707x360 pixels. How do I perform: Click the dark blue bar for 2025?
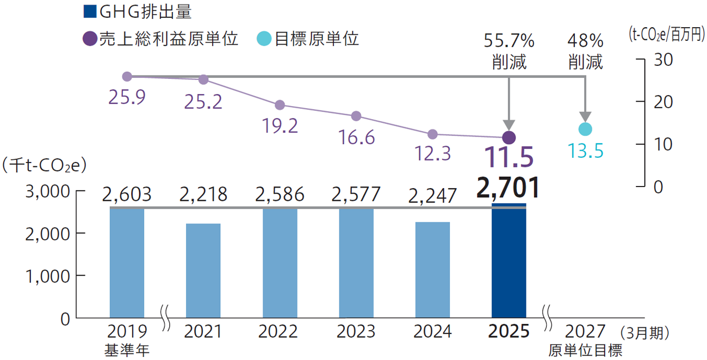pos(508,261)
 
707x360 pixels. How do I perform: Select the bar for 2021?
pos(203,270)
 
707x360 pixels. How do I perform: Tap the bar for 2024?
pos(432,270)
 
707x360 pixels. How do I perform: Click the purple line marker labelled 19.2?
pos(280,105)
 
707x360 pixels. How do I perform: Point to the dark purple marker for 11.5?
pos(508,137)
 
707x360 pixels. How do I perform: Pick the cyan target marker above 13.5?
pos(585,129)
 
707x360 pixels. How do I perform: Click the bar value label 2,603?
pos(127,194)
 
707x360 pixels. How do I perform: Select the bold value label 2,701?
pos(508,187)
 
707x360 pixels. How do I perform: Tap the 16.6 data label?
pos(356,138)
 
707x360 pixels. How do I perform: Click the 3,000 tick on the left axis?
pos(46,191)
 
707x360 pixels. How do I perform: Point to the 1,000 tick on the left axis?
pos(46,276)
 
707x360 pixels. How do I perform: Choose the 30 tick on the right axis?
pos(661,59)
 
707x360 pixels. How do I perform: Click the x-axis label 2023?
pos(356,331)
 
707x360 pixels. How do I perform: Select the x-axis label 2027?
pos(585,331)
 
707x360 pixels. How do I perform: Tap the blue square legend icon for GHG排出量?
pos(90,11)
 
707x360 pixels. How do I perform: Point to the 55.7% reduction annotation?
pos(509,51)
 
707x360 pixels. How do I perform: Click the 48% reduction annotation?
pos(585,51)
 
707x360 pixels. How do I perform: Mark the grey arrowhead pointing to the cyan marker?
pos(585,117)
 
